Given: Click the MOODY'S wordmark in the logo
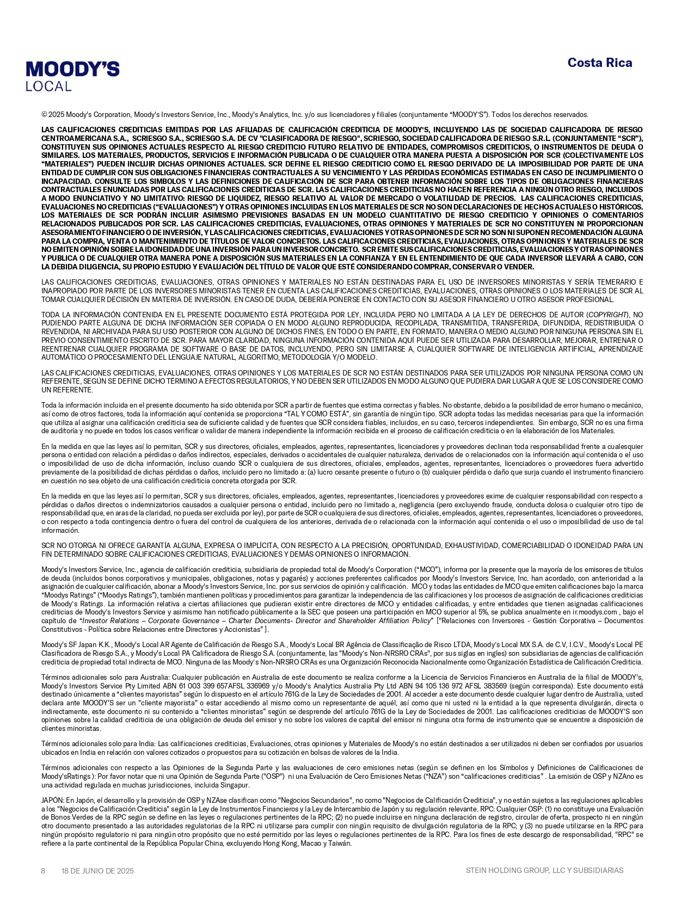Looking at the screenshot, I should (72, 69).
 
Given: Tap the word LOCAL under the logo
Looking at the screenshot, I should (48, 87).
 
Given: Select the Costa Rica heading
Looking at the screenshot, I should (599, 63).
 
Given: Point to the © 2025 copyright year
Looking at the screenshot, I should (56, 115).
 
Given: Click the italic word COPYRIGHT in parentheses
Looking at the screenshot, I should (607, 315).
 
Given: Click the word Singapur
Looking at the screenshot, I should (236, 785).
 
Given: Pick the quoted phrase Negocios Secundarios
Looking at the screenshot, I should (313, 801).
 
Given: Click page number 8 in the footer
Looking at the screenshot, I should (43, 871).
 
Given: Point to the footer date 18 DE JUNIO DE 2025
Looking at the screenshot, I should (97, 871).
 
